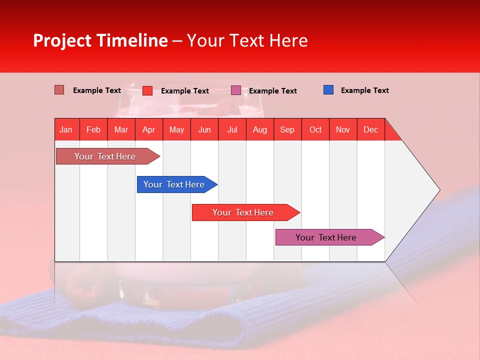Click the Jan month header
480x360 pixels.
pyautogui.click(x=66, y=129)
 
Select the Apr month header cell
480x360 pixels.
pyautogui.click(x=149, y=129)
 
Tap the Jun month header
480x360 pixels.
pyautogui.click(x=204, y=129)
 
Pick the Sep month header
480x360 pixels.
pyautogui.click(x=287, y=129)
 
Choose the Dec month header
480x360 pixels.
pyautogui.click(x=370, y=129)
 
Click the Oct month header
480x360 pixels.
pyautogui.click(x=315, y=129)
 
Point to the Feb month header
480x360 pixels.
pyautogui.click(x=93, y=129)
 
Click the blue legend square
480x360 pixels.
pyautogui.click(x=328, y=90)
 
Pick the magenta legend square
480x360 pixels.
pyautogui.click(x=236, y=90)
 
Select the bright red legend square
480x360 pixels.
pyautogui.click(x=147, y=90)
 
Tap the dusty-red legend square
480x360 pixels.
pyautogui.click(x=59, y=90)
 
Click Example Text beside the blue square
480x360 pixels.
pyautogui.click(x=364, y=90)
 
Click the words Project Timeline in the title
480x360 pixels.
pyautogui.click(x=100, y=40)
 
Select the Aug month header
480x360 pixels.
pyautogui.click(x=260, y=129)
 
